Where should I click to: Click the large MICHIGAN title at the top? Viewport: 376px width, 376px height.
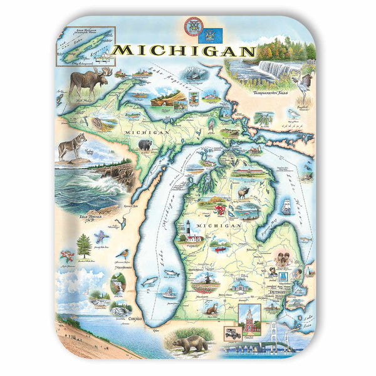[x=184, y=51]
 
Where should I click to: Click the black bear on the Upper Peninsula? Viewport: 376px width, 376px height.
[x=145, y=145]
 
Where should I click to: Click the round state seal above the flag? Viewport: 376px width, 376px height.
[x=192, y=27]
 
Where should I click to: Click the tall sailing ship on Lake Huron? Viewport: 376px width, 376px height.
[x=288, y=206]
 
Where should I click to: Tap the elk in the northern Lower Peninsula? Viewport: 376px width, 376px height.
[x=242, y=191]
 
